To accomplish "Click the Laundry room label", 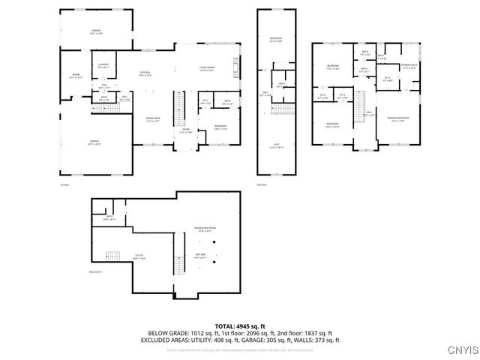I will pos(103,65).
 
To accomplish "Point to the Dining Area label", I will pos(154,120).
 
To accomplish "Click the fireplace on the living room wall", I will pos(239,68).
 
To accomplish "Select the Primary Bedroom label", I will pos(397,119).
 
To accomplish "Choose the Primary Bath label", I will pos(409,67).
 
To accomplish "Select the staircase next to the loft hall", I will pos(281,109).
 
